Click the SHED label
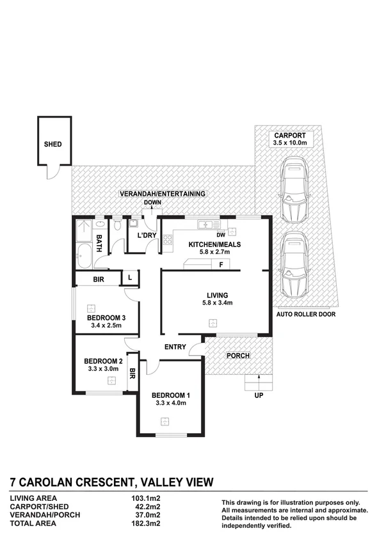coord(52,145)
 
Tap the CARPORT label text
coord(290,136)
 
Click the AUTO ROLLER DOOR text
coord(305,315)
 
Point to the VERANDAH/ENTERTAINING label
coord(163,194)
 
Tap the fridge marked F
coord(221,264)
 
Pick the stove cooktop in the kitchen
coord(168,241)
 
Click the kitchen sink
coord(205,225)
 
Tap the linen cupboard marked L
coord(130,277)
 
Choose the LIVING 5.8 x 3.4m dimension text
coord(214,303)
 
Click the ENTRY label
coord(175,347)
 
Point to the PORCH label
coord(237,356)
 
